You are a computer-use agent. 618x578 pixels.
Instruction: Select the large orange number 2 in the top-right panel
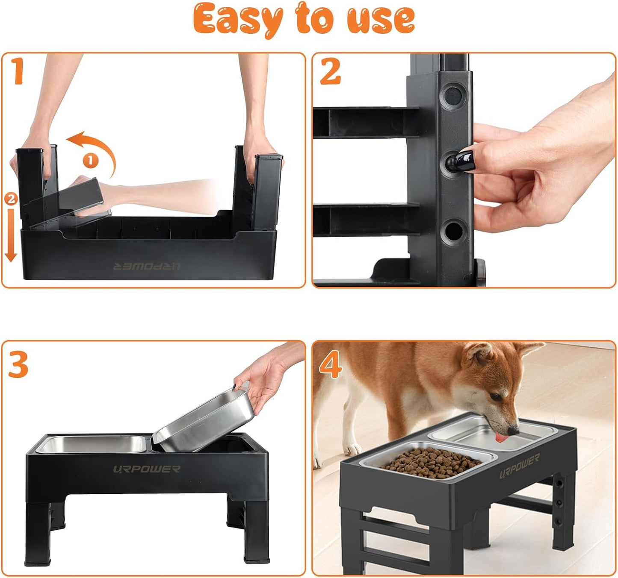[330, 71]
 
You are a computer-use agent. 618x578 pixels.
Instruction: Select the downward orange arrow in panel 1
[11, 239]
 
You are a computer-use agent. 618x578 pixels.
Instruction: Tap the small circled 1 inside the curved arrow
[91, 161]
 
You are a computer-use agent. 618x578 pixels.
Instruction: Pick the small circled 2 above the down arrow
[11, 198]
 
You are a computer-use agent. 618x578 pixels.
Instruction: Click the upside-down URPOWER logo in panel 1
[147, 267]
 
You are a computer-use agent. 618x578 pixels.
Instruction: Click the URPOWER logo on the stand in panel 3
[147, 469]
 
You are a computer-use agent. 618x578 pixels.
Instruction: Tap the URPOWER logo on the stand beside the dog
[519, 467]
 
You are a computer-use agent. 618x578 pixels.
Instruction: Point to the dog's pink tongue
[500, 438]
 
